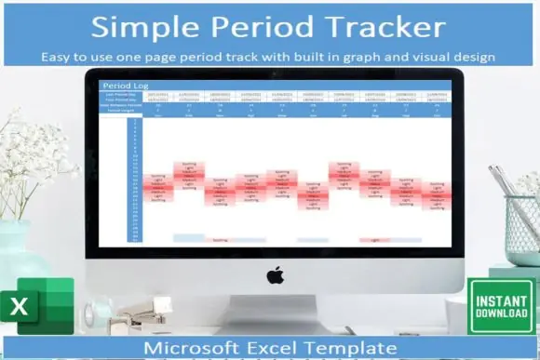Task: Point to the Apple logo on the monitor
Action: (x=275, y=275)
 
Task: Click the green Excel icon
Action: (x=38, y=306)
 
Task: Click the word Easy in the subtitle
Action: (x=58, y=57)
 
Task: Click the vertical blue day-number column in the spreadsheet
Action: (x=135, y=181)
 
